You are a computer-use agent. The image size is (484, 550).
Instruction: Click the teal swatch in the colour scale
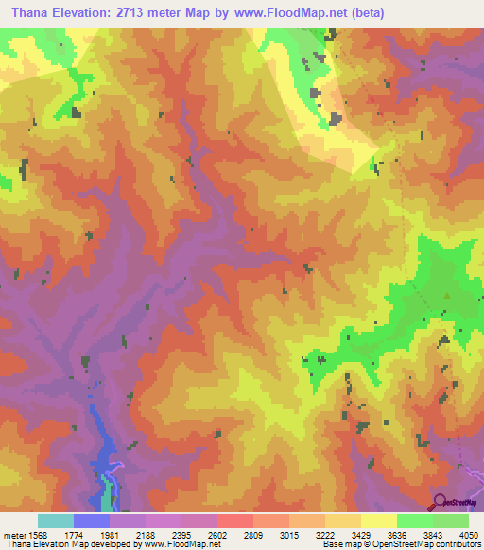56,521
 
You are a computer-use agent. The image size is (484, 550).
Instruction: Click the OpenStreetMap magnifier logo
439,501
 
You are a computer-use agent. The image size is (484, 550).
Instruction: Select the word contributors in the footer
456,544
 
